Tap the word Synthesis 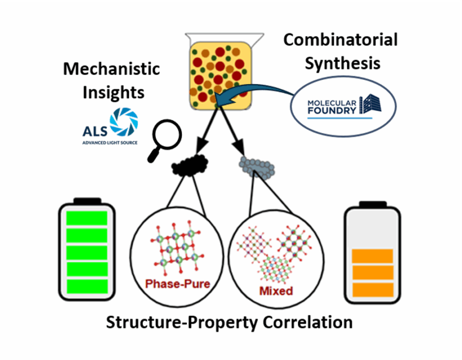click(342, 63)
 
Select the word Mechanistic click(112, 70)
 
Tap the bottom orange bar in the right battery click(372, 289)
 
